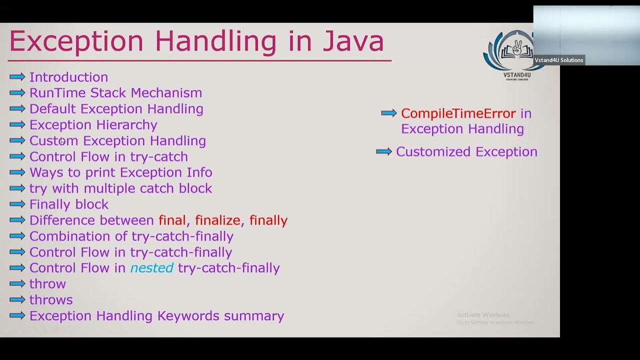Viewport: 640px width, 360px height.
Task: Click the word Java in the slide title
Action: (x=353, y=41)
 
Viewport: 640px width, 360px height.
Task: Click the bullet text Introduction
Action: (x=68, y=77)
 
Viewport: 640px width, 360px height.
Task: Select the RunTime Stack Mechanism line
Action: (x=115, y=93)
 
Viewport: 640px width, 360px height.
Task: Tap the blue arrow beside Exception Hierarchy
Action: (x=17, y=124)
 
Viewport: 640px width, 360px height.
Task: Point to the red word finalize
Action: (x=217, y=220)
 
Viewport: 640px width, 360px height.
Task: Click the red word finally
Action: (x=268, y=220)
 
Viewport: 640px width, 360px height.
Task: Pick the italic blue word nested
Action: (x=151, y=268)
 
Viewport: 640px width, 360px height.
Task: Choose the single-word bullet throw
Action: (x=47, y=284)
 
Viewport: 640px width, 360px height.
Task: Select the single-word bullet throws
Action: (x=51, y=300)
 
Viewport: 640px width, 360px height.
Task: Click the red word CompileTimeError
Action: (x=458, y=113)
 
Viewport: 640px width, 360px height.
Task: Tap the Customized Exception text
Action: (x=466, y=152)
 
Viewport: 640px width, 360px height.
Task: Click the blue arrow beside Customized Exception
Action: (x=384, y=152)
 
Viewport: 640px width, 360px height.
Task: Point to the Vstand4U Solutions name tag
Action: (x=558, y=60)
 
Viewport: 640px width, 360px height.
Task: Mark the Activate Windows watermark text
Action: (x=483, y=315)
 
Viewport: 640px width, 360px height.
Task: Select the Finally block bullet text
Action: (x=68, y=204)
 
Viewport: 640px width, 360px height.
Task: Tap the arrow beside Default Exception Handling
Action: (x=17, y=108)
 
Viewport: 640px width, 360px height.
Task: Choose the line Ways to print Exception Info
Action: (x=120, y=172)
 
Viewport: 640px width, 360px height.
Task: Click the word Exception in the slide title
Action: (x=76, y=41)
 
